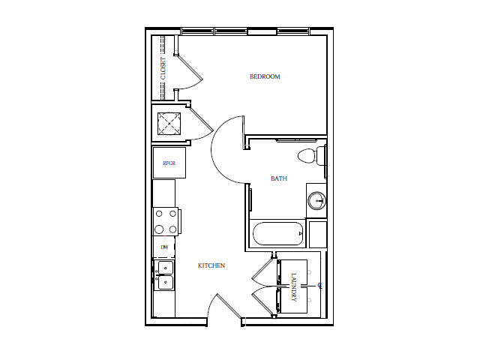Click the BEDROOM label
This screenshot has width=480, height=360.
tap(265, 76)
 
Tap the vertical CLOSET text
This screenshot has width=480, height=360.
tap(163, 68)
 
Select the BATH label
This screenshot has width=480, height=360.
tap(279, 178)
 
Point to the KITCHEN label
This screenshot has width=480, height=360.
tap(211, 265)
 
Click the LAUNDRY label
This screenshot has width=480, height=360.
tap(294, 286)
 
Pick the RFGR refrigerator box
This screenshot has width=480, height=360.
tap(169, 163)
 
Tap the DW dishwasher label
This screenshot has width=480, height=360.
tap(164, 247)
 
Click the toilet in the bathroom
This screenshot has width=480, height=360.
tap(307, 156)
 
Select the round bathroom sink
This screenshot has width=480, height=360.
tap(317, 200)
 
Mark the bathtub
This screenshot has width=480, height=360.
tap(277, 234)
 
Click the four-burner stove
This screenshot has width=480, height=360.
tap(166, 221)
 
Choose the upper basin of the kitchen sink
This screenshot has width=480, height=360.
tap(164, 268)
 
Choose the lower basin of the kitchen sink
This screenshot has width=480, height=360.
tap(164, 283)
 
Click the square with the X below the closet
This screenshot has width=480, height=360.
tap(169, 123)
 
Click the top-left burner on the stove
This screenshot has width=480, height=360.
tap(159, 214)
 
